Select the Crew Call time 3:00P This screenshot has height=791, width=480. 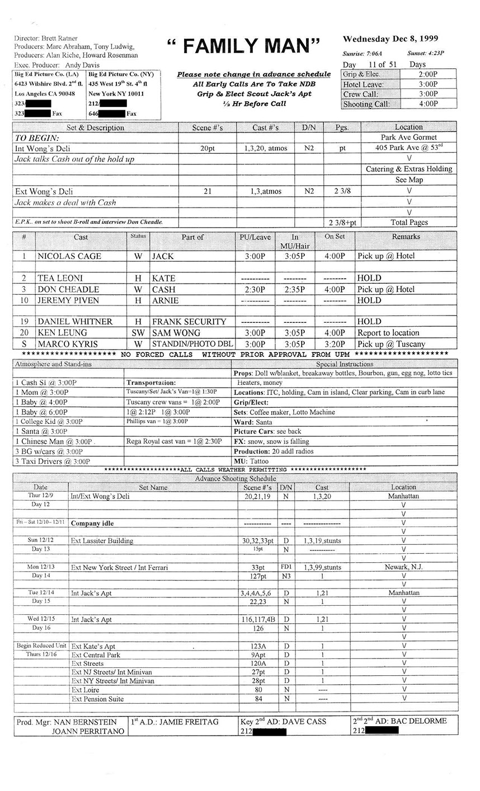click(427, 94)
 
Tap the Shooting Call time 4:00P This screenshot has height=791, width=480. click(427, 104)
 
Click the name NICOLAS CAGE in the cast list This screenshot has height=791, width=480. click(69, 256)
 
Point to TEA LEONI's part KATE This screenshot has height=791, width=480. click(163, 278)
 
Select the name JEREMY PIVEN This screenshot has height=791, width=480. click(68, 300)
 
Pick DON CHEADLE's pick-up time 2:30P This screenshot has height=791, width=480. click(255, 289)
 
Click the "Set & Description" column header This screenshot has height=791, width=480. click(95, 128)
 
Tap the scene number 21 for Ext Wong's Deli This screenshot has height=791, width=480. click(207, 191)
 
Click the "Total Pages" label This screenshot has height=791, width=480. click(409, 222)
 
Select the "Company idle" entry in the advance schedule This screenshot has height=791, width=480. click(93, 524)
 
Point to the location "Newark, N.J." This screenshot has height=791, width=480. click(403, 567)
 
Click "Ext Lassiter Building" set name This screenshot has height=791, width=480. click(102, 541)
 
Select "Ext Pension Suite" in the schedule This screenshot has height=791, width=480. click(97, 699)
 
